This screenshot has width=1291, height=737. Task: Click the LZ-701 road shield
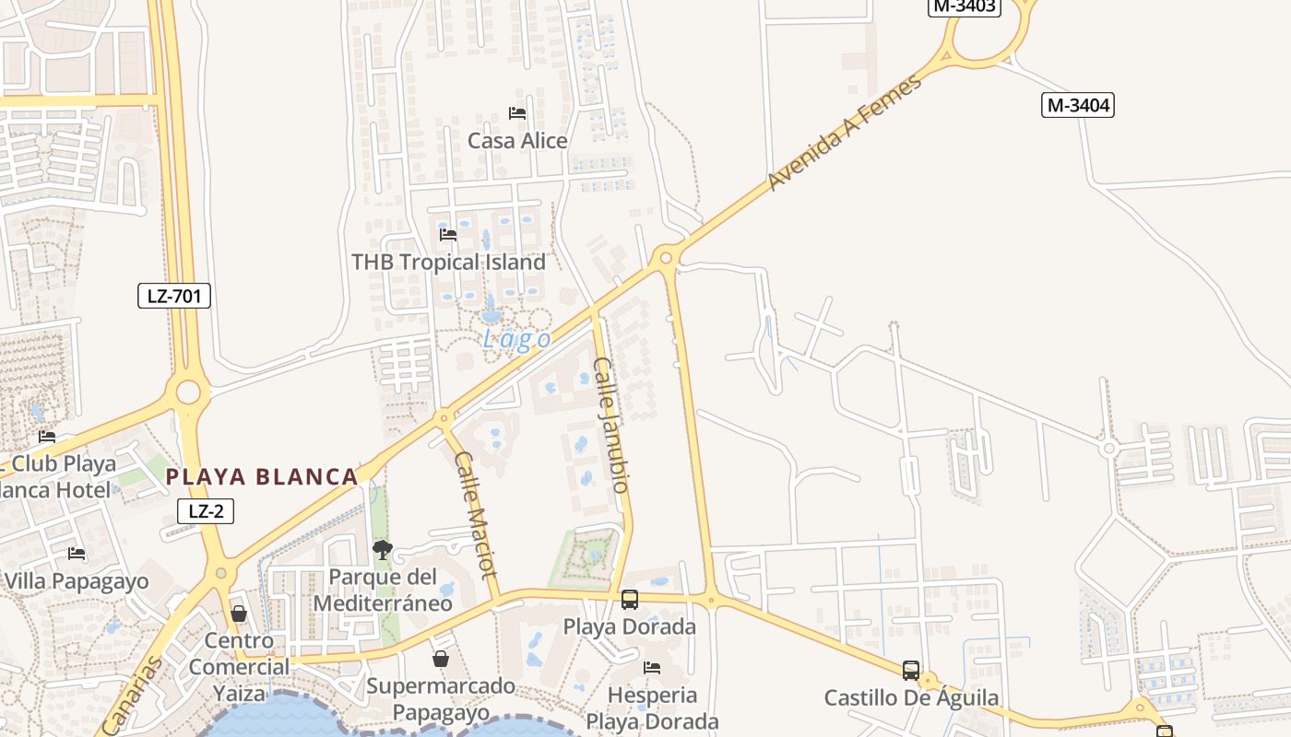174,296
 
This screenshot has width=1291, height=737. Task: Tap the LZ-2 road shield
206,511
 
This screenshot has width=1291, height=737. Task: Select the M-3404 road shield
1078,105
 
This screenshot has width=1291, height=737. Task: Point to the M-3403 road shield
964,6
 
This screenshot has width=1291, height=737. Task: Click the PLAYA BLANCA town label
262,476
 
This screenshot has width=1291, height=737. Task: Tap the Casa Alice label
517,141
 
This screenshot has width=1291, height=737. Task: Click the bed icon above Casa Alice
517,113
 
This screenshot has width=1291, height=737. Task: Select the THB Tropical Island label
449,263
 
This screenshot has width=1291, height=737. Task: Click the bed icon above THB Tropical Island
448,235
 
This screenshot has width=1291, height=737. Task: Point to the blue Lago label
516,339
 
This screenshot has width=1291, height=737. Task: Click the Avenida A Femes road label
844,133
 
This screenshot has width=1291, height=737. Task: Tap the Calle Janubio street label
611,424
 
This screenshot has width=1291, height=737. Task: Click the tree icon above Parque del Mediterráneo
382,551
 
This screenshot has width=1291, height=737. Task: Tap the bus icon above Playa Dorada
630,600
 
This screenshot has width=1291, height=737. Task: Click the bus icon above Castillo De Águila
911,671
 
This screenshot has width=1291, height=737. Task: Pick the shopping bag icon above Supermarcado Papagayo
441,659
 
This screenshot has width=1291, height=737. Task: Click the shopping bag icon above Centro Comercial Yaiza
239,614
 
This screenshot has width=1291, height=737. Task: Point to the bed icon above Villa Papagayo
77,554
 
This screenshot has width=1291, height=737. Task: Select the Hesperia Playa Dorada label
652,708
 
